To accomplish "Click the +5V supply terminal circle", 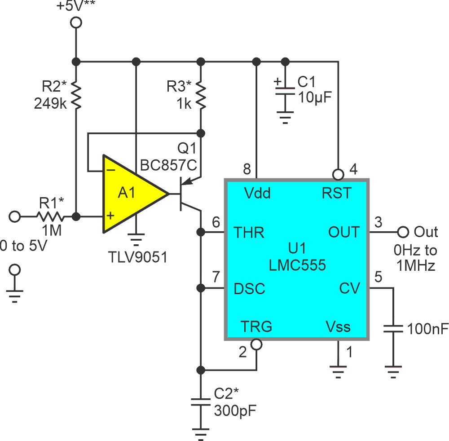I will (x=76, y=22).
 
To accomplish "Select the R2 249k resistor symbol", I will (x=76, y=95).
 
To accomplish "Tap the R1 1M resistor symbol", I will (x=51, y=217).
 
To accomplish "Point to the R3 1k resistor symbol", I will (x=201, y=95).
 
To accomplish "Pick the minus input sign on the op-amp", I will (x=109, y=171).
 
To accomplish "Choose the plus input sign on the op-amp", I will (x=109, y=216).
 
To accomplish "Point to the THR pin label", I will (x=249, y=233).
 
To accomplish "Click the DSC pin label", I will (x=250, y=289).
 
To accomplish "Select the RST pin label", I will (x=337, y=193).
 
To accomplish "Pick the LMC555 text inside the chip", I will (x=297, y=265).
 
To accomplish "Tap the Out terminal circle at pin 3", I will (x=403, y=232).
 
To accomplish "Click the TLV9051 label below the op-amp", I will (x=137, y=257).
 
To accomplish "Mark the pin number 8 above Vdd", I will (x=247, y=169).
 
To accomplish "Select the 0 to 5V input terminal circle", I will (x=15, y=217).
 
